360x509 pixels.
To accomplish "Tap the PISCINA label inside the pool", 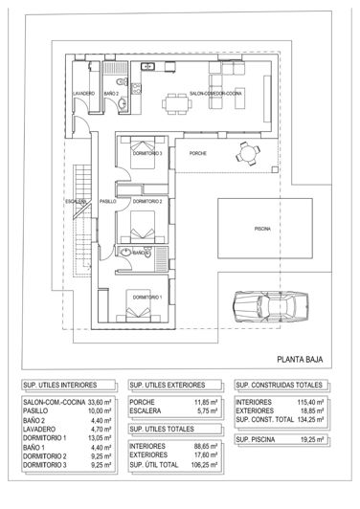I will [261, 231].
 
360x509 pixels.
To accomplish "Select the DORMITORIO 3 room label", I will [147, 154].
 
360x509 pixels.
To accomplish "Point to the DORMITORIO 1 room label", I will [147, 298].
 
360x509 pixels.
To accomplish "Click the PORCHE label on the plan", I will [198, 153].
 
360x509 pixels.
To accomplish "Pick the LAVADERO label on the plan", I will [83, 94].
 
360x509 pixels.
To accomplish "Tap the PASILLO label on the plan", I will [107, 202].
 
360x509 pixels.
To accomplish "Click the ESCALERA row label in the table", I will [144, 411].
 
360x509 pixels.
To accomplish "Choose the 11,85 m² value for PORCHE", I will [206, 402].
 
